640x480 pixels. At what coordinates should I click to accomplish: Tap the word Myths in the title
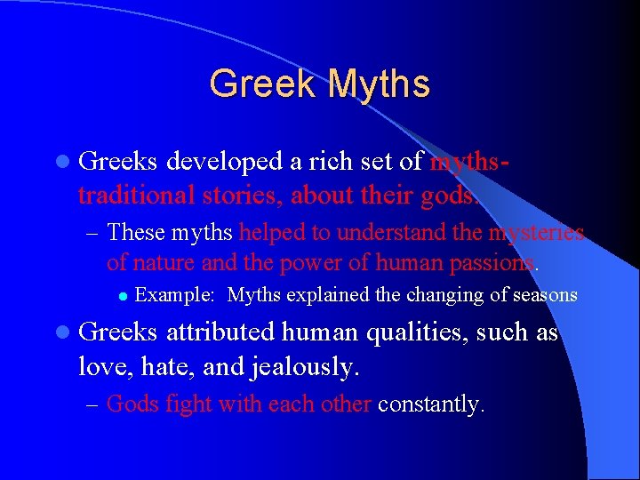tap(379, 84)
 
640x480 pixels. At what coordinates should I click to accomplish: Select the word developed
tap(223, 162)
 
